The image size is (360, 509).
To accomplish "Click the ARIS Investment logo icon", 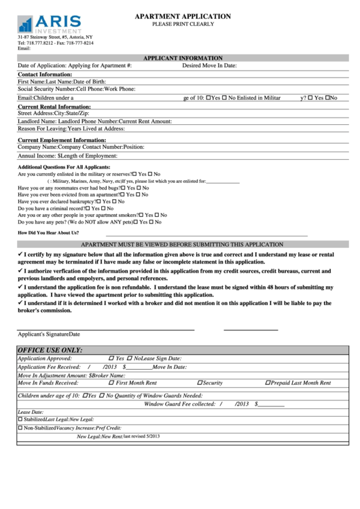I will [25, 24].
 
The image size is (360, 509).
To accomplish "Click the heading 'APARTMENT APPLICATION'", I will [183, 16].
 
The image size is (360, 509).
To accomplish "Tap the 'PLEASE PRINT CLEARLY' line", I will [183, 24].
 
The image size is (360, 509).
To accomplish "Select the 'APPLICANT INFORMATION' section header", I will [183, 58].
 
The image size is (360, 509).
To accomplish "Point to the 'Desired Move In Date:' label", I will [209, 66].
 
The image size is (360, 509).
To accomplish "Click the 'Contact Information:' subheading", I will [45, 74].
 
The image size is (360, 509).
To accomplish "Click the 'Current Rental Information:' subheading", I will [54, 107].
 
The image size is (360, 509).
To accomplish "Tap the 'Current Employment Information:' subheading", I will [62, 140].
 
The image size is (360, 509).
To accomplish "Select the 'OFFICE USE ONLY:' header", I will [50, 350].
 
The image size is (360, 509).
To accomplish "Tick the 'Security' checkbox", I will [200, 383].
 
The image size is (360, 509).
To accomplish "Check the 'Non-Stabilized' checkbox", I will [20, 428].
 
